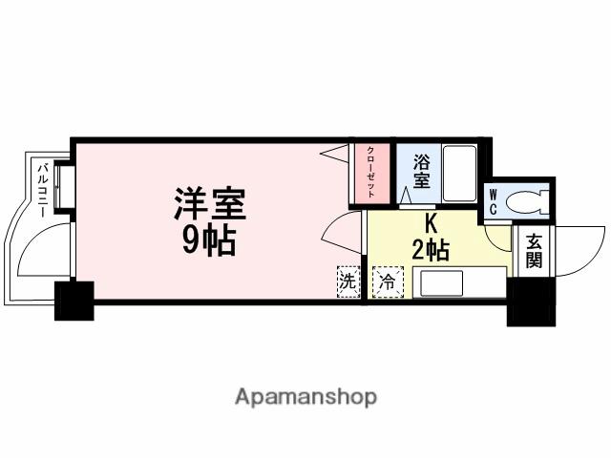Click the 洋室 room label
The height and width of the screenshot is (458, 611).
[x=209, y=204]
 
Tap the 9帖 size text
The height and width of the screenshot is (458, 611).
[x=209, y=241]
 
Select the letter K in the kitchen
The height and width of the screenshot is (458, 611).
[x=431, y=226]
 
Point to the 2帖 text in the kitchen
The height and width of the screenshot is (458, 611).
[x=431, y=251]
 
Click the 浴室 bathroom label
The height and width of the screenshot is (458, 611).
[x=422, y=173]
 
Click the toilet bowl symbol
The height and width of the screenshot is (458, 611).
[x=527, y=201]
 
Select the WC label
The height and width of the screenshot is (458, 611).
[x=494, y=201]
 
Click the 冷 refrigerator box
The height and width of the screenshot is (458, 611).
[x=388, y=283]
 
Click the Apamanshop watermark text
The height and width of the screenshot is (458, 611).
[x=305, y=396]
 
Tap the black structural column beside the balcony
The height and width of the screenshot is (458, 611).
[x=74, y=301]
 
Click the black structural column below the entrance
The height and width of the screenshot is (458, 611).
[x=530, y=301]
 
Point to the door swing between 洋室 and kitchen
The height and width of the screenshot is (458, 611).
[x=342, y=232]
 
